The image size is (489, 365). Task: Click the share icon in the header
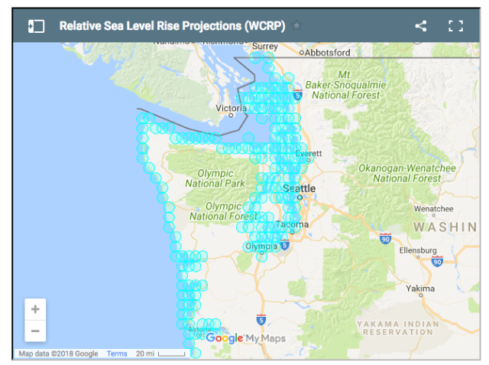[421, 26]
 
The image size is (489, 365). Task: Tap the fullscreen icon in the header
[456, 26]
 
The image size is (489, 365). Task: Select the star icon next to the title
[296, 26]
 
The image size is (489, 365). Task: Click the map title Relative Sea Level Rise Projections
[172, 26]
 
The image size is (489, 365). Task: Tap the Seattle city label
[298, 188]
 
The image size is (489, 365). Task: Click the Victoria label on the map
[231, 109]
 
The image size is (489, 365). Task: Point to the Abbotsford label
[327, 53]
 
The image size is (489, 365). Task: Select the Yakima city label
[420, 288]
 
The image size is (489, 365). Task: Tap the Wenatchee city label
[433, 209]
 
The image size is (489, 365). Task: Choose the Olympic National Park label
[215, 178]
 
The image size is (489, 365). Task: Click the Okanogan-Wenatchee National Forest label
[407, 173]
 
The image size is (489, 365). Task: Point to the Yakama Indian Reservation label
[398, 328]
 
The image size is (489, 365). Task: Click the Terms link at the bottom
[117, 354]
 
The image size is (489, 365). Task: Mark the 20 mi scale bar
[160, 354]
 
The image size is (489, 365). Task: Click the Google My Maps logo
[244, 338]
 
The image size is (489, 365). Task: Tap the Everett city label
[309, 153]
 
